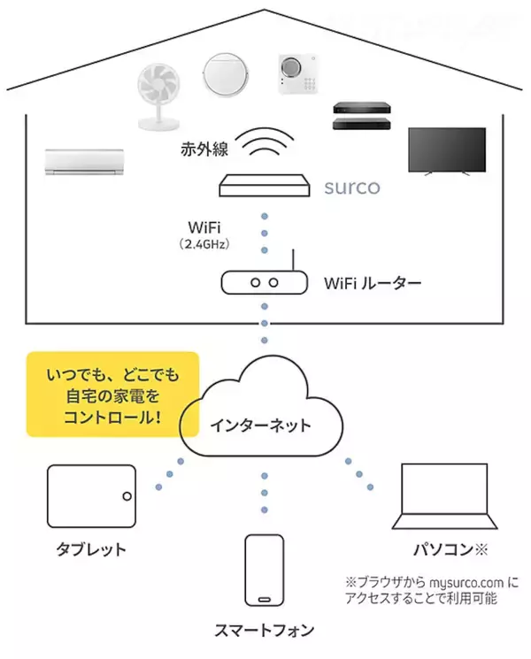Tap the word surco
(351, 188)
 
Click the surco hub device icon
(265, 186)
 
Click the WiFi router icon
(265, 281)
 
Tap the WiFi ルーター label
(373, 284)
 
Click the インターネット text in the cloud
(260, 425)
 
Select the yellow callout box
(112, 395)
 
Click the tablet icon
(92, 497)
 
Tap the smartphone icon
(265, 571)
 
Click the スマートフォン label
(265, 631)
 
